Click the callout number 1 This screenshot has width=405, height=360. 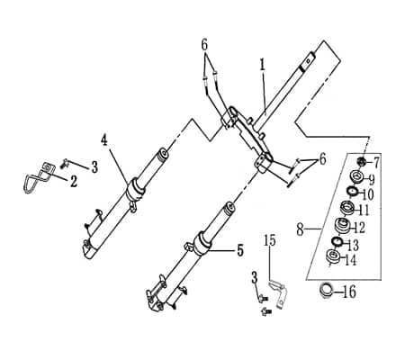263,65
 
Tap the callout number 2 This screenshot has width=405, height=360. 74,181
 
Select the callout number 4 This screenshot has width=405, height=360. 104,140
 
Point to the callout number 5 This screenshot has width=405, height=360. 240,250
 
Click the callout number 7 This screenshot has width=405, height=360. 376,163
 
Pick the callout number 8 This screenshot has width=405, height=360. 300,229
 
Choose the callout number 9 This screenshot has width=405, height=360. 372,180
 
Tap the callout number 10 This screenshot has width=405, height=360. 368,194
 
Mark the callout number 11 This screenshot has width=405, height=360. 364,210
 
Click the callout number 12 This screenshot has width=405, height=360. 359,228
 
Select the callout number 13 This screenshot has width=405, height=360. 353,245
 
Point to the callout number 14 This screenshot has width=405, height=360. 350,260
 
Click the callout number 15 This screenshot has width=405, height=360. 270,240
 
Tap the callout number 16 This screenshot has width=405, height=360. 349,292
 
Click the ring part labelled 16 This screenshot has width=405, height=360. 326,291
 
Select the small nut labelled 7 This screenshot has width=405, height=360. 361,162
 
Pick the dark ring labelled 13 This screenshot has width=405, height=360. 337,241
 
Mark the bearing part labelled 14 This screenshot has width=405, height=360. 333,256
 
